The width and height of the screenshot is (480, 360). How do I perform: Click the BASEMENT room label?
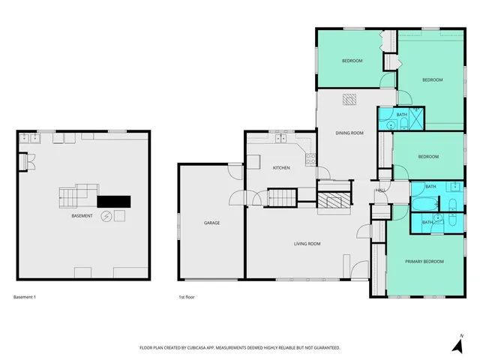pos(82,216)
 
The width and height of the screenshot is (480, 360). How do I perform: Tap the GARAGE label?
pos(212,223)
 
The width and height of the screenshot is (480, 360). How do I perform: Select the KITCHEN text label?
pos(281,167)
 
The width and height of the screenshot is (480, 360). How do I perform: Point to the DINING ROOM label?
pos(349,133)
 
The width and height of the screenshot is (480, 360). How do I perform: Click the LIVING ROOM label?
pos(307,243)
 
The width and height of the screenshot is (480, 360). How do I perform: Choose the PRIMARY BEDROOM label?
pos(424,261)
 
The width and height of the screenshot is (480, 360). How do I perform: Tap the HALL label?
pos(380,190)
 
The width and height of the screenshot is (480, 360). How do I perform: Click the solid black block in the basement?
pos(114,201)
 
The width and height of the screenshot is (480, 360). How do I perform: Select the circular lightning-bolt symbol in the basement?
pos(106,217)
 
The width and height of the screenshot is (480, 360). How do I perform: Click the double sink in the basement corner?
pos(29,138)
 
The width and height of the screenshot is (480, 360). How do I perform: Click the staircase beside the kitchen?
pos(283,198)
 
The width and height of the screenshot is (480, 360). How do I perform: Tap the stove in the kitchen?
pos(309,158)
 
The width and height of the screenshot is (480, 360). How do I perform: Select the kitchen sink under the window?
pos(282,138)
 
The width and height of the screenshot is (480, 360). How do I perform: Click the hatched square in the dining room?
pos(350,98)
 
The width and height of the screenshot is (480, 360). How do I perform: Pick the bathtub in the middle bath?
pos(422,205)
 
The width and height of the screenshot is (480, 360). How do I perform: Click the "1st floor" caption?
pos(187,298)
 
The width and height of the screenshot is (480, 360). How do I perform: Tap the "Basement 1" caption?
pos(25,298)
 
